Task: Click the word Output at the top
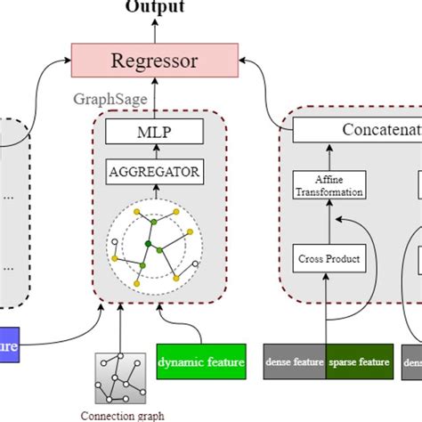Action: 155,7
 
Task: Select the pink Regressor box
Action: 156,61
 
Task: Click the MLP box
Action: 156,132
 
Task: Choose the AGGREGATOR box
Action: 156,172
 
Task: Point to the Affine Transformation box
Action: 329,185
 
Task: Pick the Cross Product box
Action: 329,259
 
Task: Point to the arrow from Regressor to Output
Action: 156,30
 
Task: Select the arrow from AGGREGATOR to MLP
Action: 156,152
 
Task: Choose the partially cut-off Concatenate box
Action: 356,131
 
